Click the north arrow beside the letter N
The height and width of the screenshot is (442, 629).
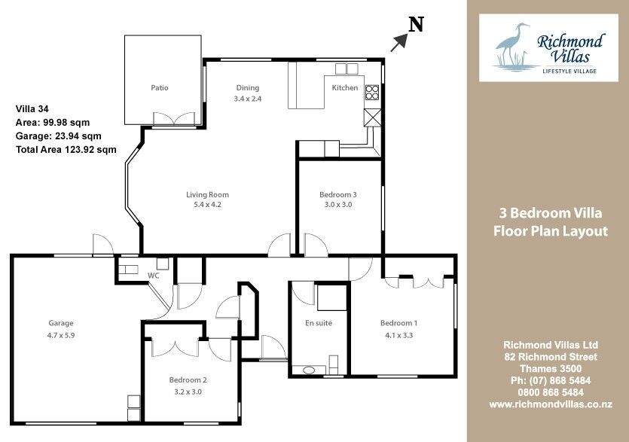pyautogui.click(x=399, y=42)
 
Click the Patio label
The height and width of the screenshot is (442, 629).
pyautogui.click(x=159, y=87)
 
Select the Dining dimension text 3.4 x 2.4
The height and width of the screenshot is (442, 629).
pyautogui.click(x=248, y=99)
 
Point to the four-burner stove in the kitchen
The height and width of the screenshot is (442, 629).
pyautogui.click(x=372, y=92)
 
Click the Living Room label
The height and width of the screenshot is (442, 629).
pyautogui.click(x=207, y=194)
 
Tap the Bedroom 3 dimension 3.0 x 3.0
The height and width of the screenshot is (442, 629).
pyautogui.click(x=338, y=205)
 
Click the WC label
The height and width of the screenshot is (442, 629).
pyautogui.click(x=153, y=276)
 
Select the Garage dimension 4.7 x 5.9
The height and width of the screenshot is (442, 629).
pyautogui.click(x=61, y=335)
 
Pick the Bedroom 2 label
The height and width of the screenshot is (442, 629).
pyautogui.click(x=188, y=380)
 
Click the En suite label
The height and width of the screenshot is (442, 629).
pyautogui.click(x=319, y=323)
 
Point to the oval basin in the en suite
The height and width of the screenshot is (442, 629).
pyautogui.click(x=309, y=370)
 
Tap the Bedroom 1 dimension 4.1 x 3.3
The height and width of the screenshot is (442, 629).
pyautogui.click(x=398, y=335)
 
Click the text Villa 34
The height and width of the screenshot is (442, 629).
pyautogui.click(x=32, y=108)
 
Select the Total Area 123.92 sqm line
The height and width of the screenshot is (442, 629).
pyautogui.click(x=66, y=150)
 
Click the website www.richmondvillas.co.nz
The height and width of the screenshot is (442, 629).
pyautogui.click(x=551, y=404)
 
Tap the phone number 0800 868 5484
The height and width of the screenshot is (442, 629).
pyautogui.click(x=551, y=392)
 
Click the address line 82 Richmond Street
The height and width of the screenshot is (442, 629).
pyautogui.click(x=551, y=357)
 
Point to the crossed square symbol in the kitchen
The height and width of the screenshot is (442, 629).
pyautogui.click(x=372, y=117)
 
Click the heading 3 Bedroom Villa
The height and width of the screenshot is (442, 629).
pyautogui.click(x=551, y=212)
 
